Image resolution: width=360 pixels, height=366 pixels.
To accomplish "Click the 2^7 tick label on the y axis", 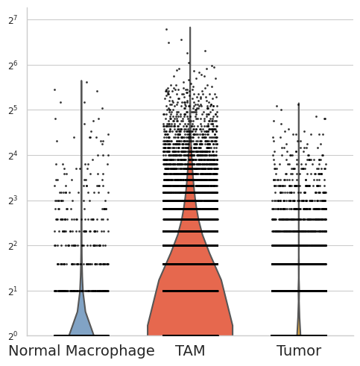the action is (13, 20).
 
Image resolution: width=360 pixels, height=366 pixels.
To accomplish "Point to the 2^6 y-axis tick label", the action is (13, 66).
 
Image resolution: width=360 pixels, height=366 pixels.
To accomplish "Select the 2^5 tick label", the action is (13, 110).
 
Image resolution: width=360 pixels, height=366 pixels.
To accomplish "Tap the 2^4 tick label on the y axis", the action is (13, 156).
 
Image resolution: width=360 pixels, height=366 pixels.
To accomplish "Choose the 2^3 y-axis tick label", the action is (13, 201).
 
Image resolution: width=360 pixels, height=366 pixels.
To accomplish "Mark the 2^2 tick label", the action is (13, 246).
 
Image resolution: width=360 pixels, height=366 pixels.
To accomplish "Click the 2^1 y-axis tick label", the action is (13, 291).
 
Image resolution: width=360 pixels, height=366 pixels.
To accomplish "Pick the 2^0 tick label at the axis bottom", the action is (13, 336).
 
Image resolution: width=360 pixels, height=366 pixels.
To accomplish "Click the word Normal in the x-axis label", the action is (34, 351).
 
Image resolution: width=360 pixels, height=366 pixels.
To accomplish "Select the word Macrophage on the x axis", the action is (110, 352).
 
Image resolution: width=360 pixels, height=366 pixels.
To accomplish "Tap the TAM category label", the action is (190, 351).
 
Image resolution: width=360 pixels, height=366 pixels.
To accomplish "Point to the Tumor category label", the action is (299, 351).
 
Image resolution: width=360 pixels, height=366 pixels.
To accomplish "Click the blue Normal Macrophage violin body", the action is (81, 321).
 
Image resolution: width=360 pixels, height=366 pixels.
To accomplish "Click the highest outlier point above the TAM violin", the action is (166, 30).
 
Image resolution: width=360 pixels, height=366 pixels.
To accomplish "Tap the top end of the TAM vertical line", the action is (190, 27).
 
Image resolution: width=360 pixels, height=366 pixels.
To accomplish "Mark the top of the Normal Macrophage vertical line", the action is (81, 81).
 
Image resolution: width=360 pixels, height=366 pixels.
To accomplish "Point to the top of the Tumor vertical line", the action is (299, 103).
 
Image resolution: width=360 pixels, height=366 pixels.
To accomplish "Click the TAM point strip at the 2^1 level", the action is (191, 291).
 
